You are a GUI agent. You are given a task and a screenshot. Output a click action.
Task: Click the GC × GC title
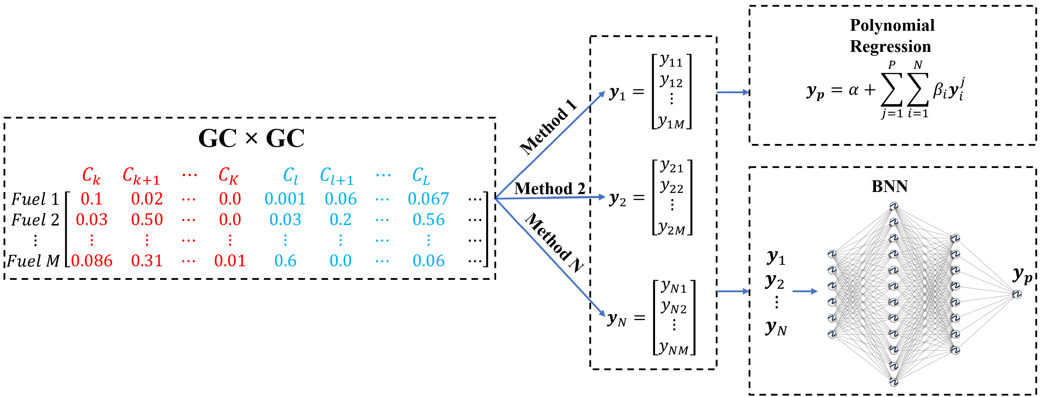click(x=251, y=139)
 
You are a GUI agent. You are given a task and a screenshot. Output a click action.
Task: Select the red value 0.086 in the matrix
click(x=92, y=261)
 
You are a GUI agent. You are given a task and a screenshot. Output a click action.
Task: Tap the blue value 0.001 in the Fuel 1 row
click(x=285, y=199)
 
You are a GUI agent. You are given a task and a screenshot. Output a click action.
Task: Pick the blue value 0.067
click(x=428, y=199)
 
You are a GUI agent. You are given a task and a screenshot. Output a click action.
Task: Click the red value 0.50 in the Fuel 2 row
click(x=147, y=220)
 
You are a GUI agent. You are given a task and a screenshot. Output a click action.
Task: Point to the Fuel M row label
click(x=33, y=261)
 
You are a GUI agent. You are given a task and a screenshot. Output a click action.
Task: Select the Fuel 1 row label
click(x=35, y=199)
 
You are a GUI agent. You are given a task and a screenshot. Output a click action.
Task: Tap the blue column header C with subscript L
click(x=421, y=176)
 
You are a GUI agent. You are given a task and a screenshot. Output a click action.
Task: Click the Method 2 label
click(x=549, y=188)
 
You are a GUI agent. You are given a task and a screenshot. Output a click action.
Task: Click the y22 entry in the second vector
click(x=672, y=187)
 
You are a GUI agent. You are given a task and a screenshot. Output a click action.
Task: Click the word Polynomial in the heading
click(x=892, y=25)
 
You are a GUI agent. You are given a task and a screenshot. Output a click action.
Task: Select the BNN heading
click(x=890, y=187)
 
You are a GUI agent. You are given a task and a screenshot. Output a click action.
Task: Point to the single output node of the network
click(x=1017, y=294)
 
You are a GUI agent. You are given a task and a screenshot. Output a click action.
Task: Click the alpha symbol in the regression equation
click(x=853, y=90)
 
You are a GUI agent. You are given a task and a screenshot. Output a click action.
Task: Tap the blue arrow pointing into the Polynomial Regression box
click(x=733, y=92)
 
